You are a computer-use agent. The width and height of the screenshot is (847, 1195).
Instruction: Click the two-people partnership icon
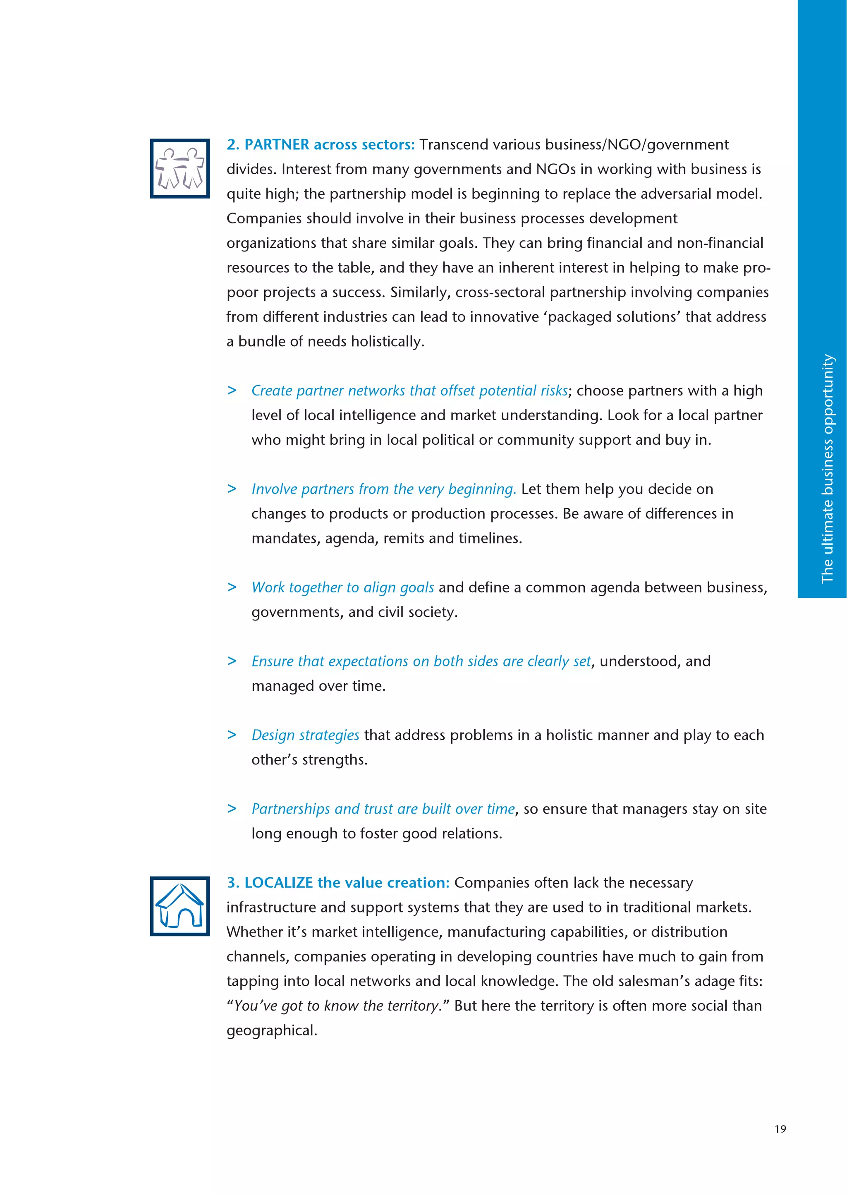(x=179, y=168)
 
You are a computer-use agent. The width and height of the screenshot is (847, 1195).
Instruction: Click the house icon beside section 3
(x=179, y=906)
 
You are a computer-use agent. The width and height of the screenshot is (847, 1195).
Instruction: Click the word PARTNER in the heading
(x=276, y=144)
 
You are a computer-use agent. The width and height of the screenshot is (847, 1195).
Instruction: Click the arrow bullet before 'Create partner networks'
(x=232, y=390)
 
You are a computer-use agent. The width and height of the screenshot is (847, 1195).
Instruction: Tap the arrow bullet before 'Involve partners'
(x=232, y=489)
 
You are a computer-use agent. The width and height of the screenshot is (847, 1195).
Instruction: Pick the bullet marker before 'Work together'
(x=232, y=587)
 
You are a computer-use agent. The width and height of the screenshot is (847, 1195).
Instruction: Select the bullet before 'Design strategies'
(x=232, y=735)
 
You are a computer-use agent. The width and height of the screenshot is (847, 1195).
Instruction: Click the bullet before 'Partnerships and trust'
(x=232, y=809)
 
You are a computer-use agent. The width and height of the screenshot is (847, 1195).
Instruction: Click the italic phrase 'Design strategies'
(x=305, y=735)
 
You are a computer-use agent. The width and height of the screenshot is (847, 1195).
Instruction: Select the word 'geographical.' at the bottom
(x=272, y=1031)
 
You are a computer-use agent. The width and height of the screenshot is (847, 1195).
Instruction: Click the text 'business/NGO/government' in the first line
(x=636, y=144)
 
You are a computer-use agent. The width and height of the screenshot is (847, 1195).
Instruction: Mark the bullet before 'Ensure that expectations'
(x=232, y=661)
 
